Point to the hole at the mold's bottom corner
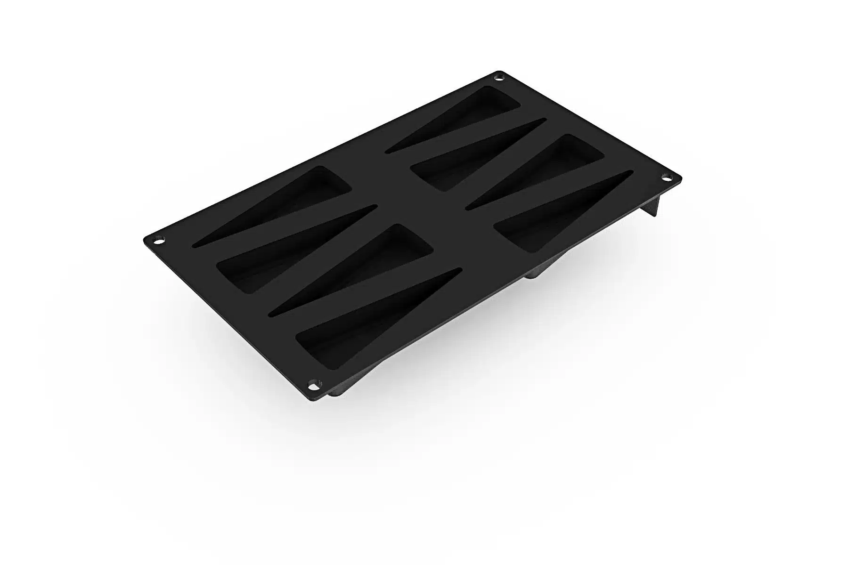[312, 386]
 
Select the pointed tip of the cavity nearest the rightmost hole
[627, 175]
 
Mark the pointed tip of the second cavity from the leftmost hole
[372, 208]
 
